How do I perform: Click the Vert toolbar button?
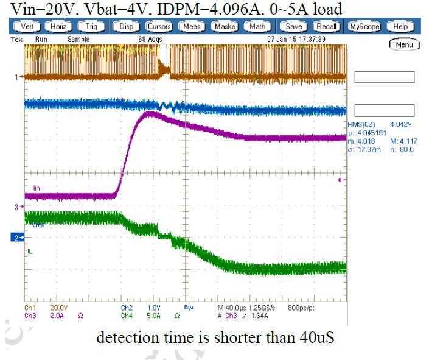[x=27, y=27]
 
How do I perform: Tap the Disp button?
[x=126, y=27]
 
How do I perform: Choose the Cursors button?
[x=159, y=27]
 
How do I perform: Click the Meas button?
[x=192, y=27]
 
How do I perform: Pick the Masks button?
[x=224, y=27]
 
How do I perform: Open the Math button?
[x=257, y=27]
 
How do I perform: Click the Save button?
[x=294, y=27]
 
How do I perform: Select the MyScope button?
[x=363, y=27]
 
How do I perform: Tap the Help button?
[x=400, y=27]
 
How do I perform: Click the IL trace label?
[x=29, y=251]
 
